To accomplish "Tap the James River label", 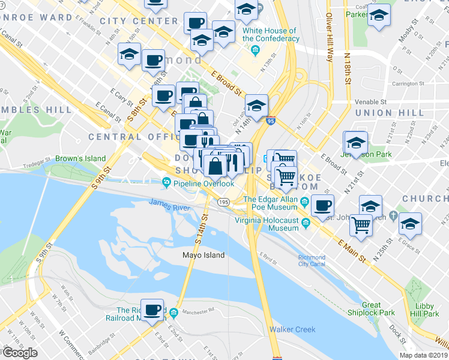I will coord(170,206).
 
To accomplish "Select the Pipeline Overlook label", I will coord(203,184).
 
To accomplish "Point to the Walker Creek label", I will coord(292,329).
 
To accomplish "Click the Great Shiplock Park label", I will coord(371,309).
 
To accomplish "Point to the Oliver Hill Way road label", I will coord(328,36).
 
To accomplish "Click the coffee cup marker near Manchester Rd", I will coord(152,310).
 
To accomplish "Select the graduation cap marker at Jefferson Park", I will coord(356,143).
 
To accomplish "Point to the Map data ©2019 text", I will coord(423,355).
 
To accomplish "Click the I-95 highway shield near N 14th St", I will coord(271,120).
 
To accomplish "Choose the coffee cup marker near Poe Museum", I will coord(323,206).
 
